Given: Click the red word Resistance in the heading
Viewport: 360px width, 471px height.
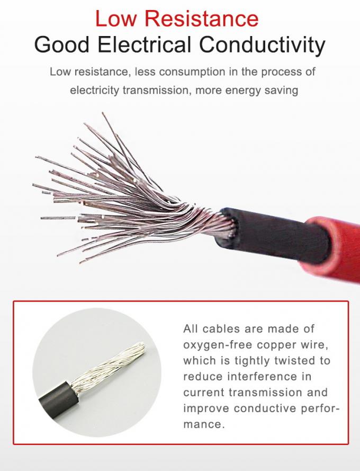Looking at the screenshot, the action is tap(201, 19).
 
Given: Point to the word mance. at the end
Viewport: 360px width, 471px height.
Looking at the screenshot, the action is tap(204, 424).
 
